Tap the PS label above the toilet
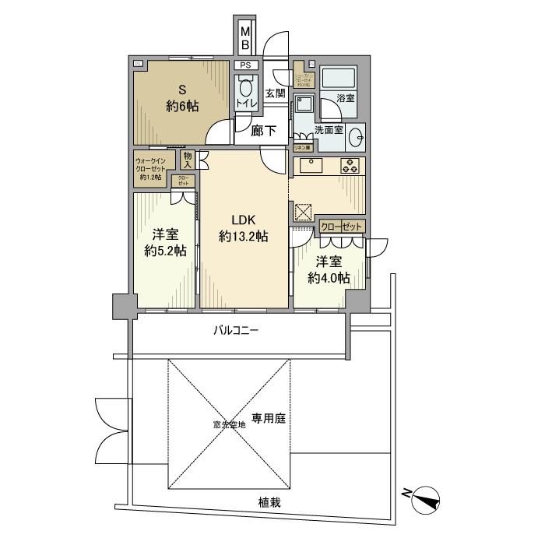pyautogui.click(x=245, y=65)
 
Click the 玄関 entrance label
pyautogui.click(x=275, y=93)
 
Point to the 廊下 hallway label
pyautogui.click(x=264, y=131)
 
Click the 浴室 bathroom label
pyautogui.click(x=346, y=98)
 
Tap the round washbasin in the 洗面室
pyautogui.click(x=357, y=137)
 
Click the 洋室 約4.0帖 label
pyautogui.click(x=327, y=270)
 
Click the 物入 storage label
pyautogui.click(x=188, y=159)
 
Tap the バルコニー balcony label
pyautogui.click(x=237, y=330)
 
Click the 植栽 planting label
pyautogui.click(x=270, y=502)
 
